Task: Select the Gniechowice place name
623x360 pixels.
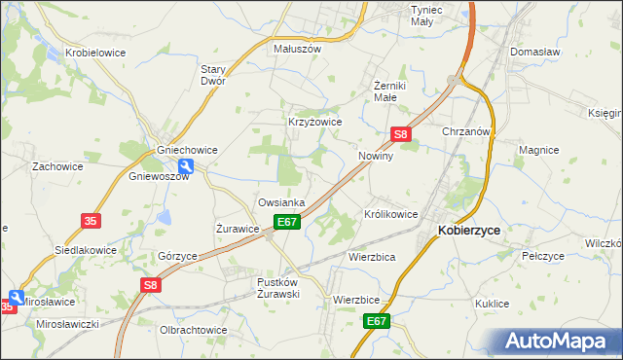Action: click(x=187, y=150)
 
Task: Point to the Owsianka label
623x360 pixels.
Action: click(x=281, y=202)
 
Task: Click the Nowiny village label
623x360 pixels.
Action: click(x=376, y=156)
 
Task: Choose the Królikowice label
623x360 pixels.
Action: click(x=390, y=213)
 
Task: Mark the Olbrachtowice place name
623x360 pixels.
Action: click(x=193, y=330)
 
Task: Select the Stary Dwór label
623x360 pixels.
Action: click(x=213, y=75)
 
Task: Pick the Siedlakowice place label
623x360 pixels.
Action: click(x=85, y=250)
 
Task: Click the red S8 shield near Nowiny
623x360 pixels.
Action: click(x=401, y=134)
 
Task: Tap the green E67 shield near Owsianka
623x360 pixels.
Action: click(x=287, y=223)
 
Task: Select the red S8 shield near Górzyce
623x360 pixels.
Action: click(x=150, y=285)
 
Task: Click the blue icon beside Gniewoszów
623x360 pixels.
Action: click(x=186, y=166)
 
